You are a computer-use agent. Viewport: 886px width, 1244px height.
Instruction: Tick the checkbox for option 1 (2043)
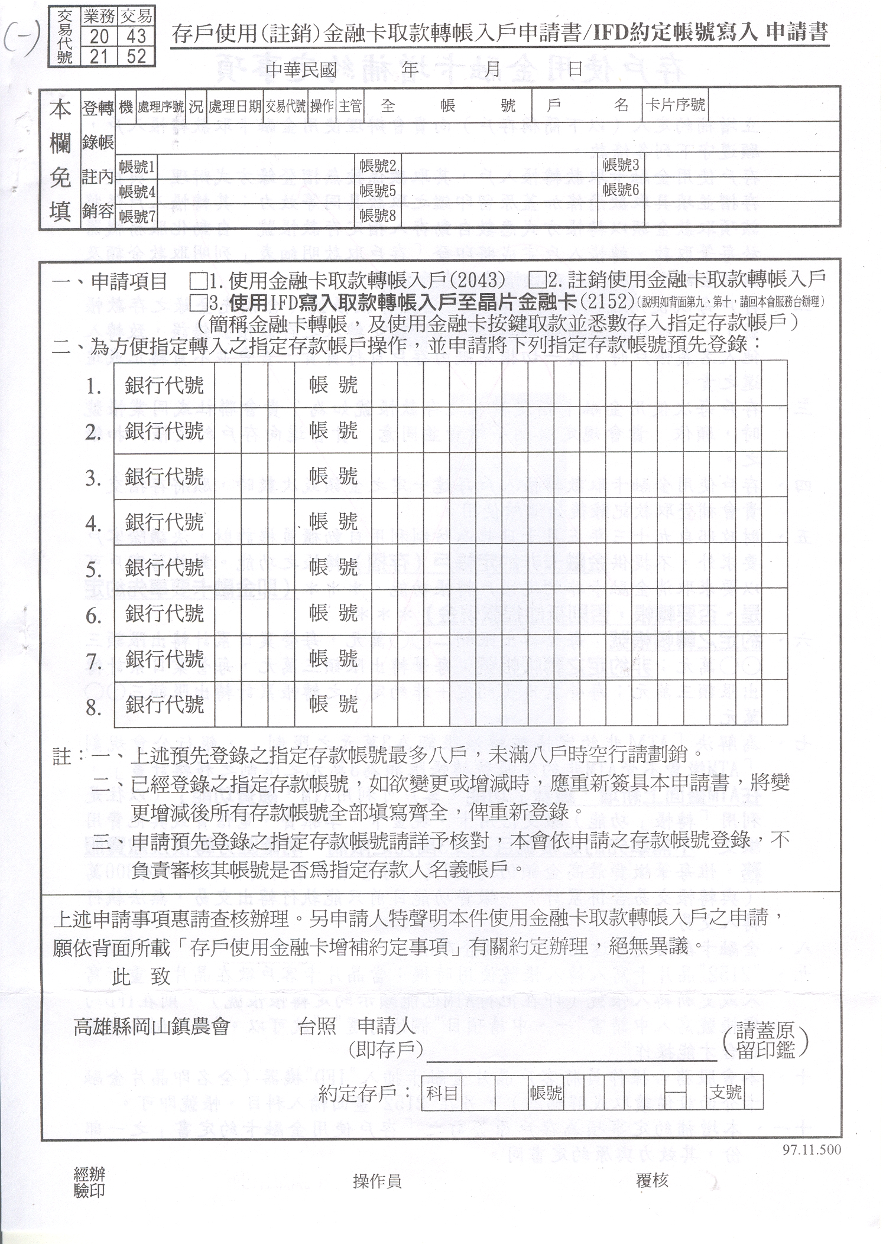pos(199,280)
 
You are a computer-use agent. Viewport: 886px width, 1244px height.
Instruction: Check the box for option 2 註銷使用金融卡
pos(537,280)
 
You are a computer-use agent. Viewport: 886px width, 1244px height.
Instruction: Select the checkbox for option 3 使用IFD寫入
pos(199,302)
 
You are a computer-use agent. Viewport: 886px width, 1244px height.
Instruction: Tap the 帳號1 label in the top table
pos(137,167)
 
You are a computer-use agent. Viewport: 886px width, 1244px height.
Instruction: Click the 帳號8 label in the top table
pos(377,216)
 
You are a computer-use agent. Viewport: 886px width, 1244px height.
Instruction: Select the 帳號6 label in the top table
pos(621,190)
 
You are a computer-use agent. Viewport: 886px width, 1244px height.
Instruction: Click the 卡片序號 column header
pos(676,106)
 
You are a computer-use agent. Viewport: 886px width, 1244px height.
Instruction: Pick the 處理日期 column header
pos(235,106)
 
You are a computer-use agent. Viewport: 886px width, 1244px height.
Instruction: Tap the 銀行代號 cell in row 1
pos(164,386)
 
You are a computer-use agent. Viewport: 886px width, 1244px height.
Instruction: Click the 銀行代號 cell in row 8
pos(164,704)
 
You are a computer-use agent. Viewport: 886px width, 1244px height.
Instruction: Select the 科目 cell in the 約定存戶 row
pos(442,1092)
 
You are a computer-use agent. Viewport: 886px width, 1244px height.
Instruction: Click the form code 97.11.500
pos(811,1149)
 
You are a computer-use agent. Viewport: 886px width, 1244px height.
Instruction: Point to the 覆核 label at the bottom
pos(652,1181)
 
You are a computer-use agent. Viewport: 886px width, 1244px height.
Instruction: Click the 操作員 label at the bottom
pos(377,1181)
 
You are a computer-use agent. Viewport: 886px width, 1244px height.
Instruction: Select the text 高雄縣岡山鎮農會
pos(151,1027)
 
